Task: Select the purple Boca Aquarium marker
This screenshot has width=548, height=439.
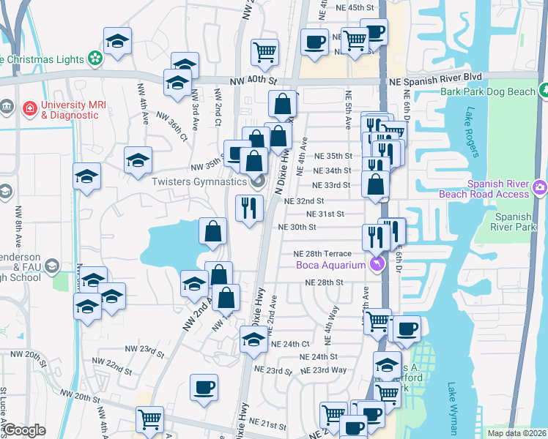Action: tap(377, 264)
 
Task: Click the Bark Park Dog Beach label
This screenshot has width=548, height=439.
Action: tap(488, 91)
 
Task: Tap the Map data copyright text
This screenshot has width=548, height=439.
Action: tap(516, 433)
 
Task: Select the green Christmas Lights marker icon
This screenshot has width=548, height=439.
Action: tap(95, 58)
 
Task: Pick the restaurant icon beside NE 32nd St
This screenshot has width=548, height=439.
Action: tap(249, 208)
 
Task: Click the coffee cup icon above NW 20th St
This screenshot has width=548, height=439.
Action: tap(204, 387)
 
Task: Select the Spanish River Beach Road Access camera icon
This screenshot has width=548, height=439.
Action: tap(539, 188)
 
